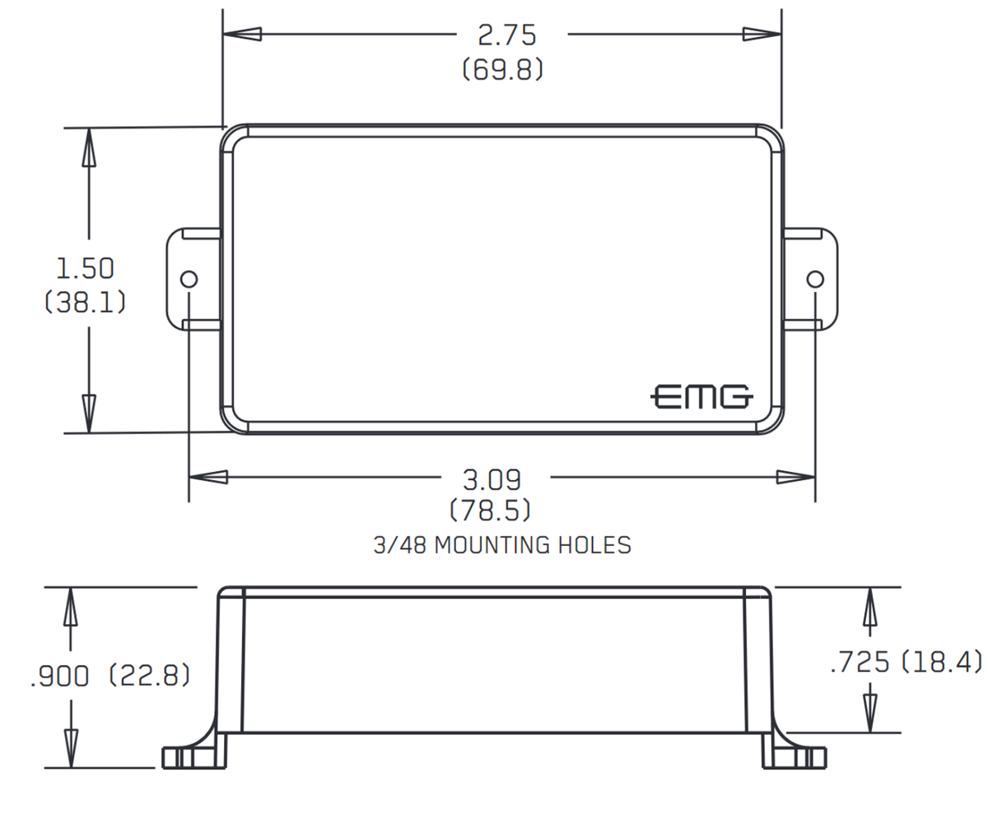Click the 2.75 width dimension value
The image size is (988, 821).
tap(506, 35)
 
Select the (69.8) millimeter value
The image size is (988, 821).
tap(503, 70)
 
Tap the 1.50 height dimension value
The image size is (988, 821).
tap(85, 268)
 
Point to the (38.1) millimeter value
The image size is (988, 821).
tap(85, 302)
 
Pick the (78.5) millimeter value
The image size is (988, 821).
tap(490, 511)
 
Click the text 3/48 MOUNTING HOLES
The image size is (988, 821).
tap(502, 545)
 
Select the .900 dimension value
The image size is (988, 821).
tap(58, 677)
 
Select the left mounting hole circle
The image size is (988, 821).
tap(189, 278)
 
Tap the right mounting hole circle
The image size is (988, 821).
tap(815, 278)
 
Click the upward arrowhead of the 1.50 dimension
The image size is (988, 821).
tap(87, 148)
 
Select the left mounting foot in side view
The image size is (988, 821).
tap(193, 756)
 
